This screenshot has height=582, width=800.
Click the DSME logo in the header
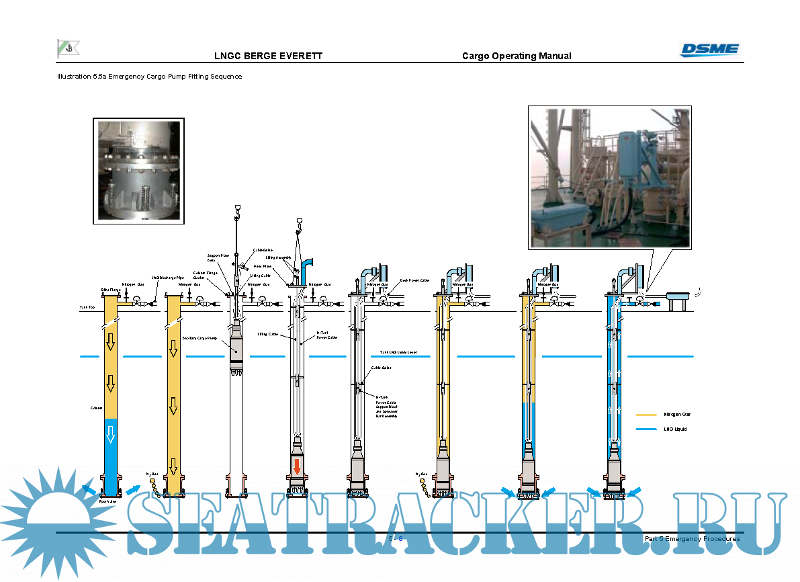[709, 49]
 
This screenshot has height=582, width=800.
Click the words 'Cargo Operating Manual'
[517, 56]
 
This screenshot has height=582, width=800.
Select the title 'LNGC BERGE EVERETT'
[268, 56]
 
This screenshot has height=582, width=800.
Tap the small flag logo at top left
[67, 48]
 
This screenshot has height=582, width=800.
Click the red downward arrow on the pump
[297, 465]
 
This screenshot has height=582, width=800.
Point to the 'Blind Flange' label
[110, 290]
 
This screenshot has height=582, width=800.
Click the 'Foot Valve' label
[107, 501]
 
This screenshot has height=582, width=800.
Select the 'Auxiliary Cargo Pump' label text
[199, 338]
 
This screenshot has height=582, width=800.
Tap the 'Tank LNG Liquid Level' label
[398, 351]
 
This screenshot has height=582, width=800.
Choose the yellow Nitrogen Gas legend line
[646, 415]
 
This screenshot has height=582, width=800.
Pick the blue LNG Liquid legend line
[646, 429]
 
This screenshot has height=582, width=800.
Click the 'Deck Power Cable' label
[414, 280]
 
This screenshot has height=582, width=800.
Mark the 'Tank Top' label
[87, 307]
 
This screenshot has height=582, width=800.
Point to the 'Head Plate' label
[262, 267]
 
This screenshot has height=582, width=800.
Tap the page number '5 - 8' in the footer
[396, 539]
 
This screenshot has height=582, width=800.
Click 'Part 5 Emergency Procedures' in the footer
[692, 539]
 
